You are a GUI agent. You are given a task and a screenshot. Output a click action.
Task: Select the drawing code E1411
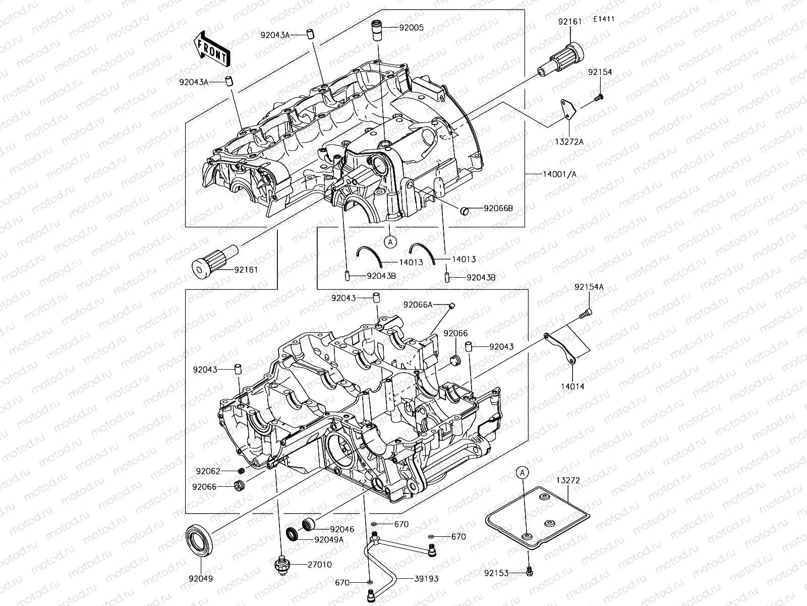(x=604, y=19)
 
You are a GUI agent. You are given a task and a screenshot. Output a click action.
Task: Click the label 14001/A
(x=559, y=174)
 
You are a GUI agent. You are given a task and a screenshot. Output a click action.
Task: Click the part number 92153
(x=497, y=573)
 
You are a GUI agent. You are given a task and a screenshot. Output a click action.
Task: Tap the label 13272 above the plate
(x=568, y=481)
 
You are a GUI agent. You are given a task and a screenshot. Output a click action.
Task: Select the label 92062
(x=208, y=471)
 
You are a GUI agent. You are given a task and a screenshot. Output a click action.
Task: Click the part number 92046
(x=342, y=530)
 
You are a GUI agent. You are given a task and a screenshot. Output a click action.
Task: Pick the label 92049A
(x=328, y=539)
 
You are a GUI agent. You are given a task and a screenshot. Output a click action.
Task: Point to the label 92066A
(x=418, y=305)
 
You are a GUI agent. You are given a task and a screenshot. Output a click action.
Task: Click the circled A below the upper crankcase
(x=390, y=242)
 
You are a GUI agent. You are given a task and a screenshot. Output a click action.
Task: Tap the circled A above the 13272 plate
(x=523, y=472)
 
